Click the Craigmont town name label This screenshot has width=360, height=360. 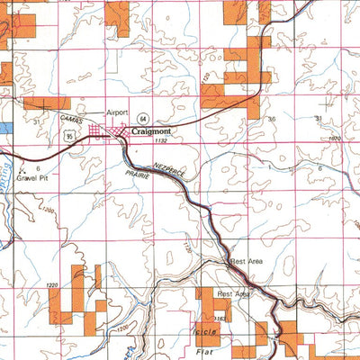click(x=151, y=130)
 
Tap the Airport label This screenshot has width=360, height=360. click(x=118, y=112)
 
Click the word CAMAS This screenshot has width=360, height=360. click(x=72, y=120)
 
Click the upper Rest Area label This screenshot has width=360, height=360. click(x=247, y=262)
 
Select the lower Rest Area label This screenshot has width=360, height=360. click(x=232, y=294)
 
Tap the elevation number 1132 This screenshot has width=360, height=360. click(x=161, y=141)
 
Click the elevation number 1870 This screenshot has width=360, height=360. click(x=335, y=138)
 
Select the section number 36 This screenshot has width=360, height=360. click(x=272, y=119)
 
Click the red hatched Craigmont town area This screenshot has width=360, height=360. click(x=117, y=132)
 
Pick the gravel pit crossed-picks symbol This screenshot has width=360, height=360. click(x=19, y=168)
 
